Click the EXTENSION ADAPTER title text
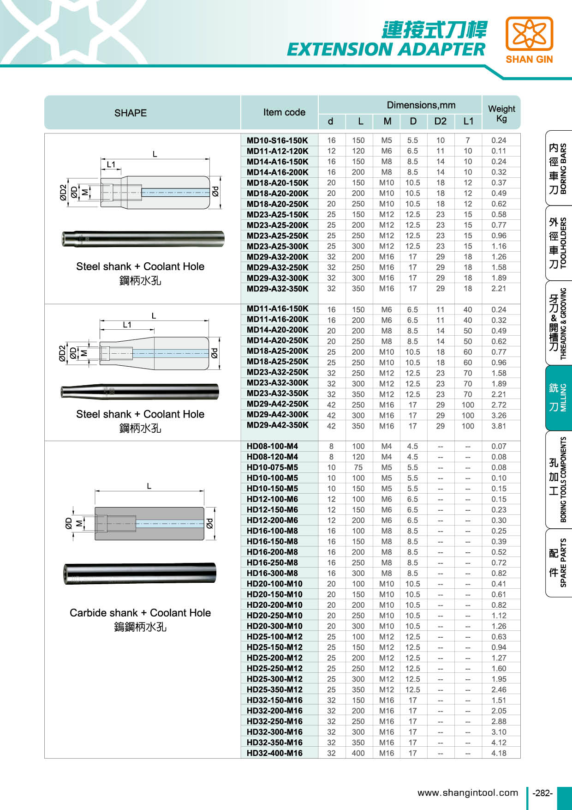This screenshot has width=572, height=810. coord(386,49)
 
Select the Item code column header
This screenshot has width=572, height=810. coord(284,112)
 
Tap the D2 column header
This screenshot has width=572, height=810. coord(440,121)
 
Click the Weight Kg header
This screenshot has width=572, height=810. coord(501,113)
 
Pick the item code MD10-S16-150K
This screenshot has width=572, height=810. coord(277,140)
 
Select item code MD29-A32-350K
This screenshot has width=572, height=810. coord(277,289)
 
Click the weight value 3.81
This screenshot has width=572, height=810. coord(499,426)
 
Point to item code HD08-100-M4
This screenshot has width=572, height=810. coord(272,446)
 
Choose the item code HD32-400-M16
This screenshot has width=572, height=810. coord(274,753)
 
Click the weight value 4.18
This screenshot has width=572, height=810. coord(499,753)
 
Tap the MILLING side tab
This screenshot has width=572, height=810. coord(558,398)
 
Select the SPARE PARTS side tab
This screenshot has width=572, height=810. coord(558,562)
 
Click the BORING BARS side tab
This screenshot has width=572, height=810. coord(558,168)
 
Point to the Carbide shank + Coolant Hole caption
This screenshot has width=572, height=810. coord(140,613)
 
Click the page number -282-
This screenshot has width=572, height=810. coord(542,793)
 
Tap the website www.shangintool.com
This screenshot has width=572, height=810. coord(468,793)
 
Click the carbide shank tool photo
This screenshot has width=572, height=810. coord(140,574)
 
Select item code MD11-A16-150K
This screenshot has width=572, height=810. coord(277,308)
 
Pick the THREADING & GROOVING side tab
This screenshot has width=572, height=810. coord(558,323)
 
